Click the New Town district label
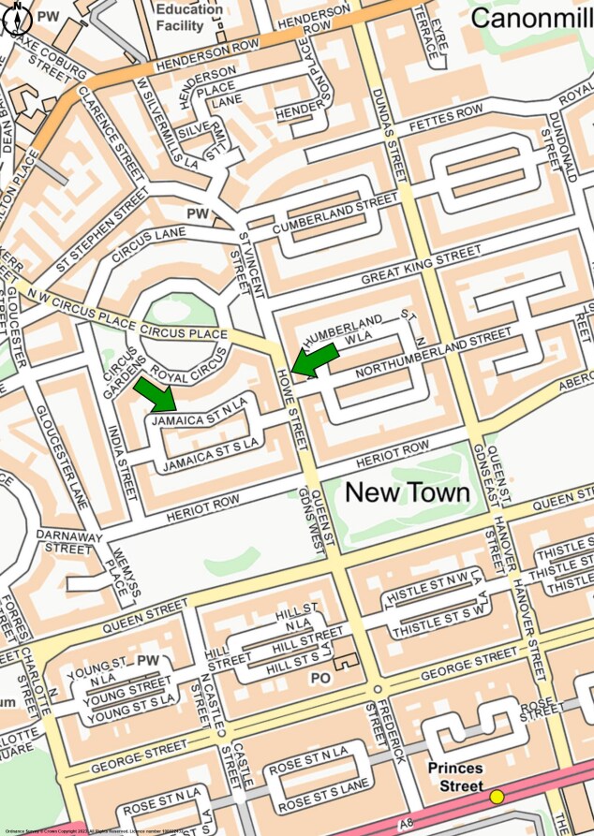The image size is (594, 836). click(x=408, y=491)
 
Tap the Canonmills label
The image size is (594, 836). click(x=531, y=17)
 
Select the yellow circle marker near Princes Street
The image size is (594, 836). click(x=497, y=796)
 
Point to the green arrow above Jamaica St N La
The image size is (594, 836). click(x=155, y=394)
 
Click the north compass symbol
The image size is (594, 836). click(x=18, y=20)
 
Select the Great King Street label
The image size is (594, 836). click(x=421, y=264)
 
